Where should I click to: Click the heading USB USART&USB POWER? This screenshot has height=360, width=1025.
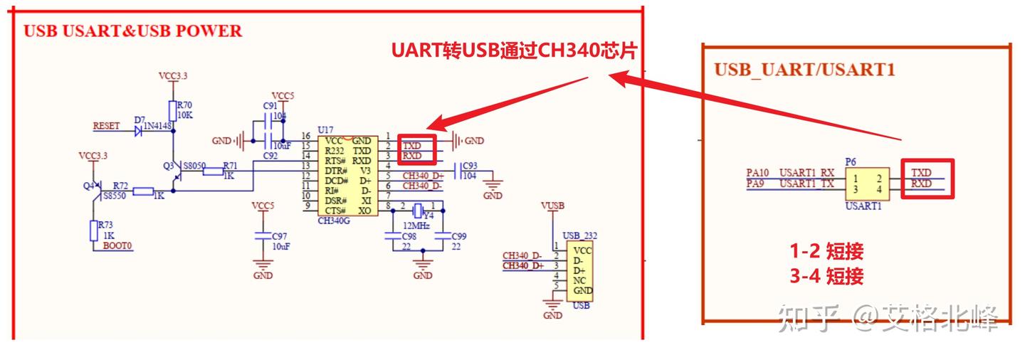tap(133, 31)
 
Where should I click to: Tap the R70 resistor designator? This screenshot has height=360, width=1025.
tap(184, 105)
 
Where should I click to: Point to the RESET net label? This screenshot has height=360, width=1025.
tap(106, 126)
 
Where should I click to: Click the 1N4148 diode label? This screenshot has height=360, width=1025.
tap(157, 127)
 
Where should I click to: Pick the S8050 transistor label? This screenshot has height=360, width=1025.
tap(194, 165)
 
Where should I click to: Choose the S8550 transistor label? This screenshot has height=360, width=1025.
tap(115, 194)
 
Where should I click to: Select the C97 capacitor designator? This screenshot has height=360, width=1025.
tap(279, 235)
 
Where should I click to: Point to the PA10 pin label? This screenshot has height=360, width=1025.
tap(758, 172)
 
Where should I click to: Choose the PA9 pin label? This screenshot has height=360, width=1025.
tap(756, 184)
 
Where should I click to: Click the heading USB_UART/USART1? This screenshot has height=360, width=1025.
tap(804, 70)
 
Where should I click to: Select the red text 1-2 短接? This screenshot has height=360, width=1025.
tap(826, 251)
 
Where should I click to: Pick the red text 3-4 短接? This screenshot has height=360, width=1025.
tap(826, 276)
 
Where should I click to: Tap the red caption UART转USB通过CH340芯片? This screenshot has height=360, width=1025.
tap(513, 51)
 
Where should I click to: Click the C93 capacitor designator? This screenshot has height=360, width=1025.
tap(470, 166)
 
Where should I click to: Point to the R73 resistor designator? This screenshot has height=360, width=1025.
tap(105, 225)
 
